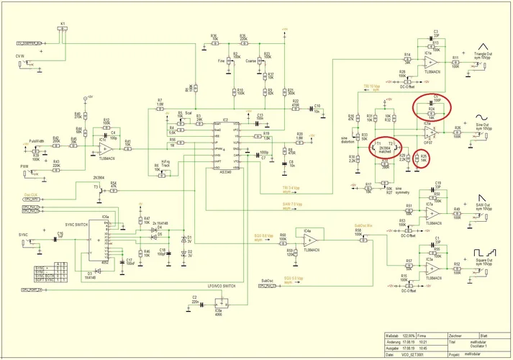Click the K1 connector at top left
pyautogui.click(x=63, y=31)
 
